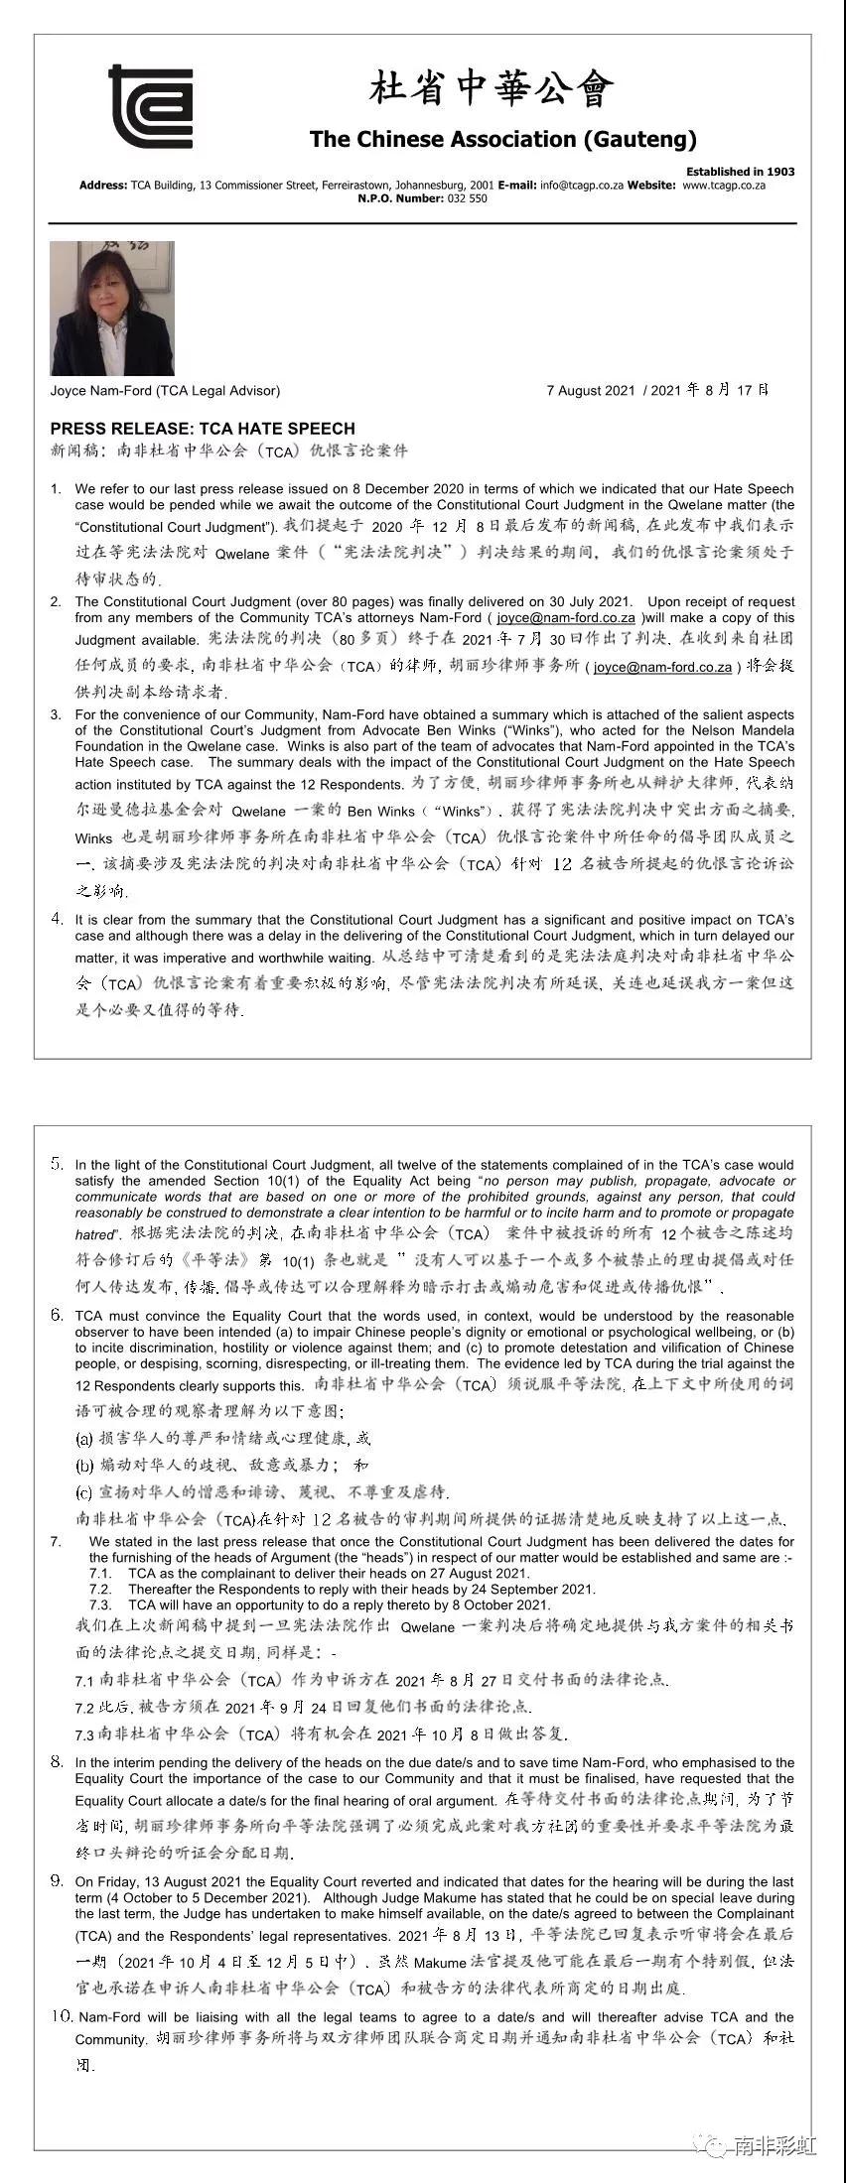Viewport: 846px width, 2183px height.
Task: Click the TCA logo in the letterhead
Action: (150, 106)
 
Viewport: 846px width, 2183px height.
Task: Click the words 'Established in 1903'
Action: (740, 172)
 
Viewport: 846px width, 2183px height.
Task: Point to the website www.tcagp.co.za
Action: (724, 186)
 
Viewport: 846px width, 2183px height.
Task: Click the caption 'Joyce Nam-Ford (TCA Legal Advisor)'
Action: (165, 391)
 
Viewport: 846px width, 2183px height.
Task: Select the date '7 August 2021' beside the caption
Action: (590, 391)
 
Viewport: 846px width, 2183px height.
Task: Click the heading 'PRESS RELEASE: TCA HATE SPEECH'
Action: (203, 429)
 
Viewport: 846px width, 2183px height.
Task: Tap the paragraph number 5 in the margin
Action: (57, 1164)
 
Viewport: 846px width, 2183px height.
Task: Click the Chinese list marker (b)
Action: (84, 1466)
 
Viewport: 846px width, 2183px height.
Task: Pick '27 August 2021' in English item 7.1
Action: (476, 1574)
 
